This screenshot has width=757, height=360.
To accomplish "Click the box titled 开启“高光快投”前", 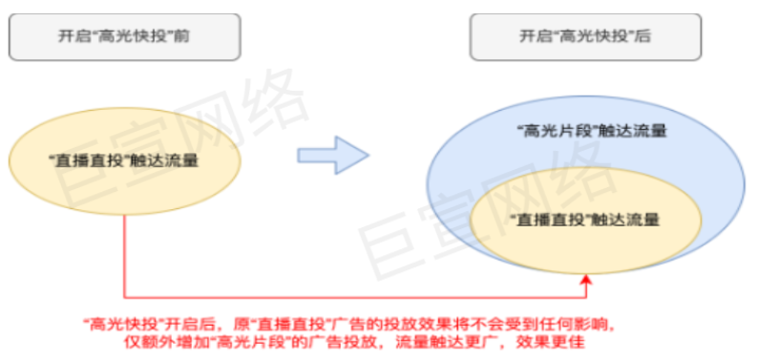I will pos(123,37).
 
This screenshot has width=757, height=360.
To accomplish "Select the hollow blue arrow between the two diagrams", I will pos(333,155).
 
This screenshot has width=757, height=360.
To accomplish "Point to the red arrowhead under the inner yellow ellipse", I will pos(585,280).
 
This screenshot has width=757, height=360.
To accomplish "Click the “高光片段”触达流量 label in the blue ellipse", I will pos(590,131).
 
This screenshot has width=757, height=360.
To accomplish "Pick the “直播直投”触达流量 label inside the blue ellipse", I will pos(587,220).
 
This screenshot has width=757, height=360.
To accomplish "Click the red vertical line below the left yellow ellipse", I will pos(125,248).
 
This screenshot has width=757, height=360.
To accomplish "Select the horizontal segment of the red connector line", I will pos(353,295).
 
